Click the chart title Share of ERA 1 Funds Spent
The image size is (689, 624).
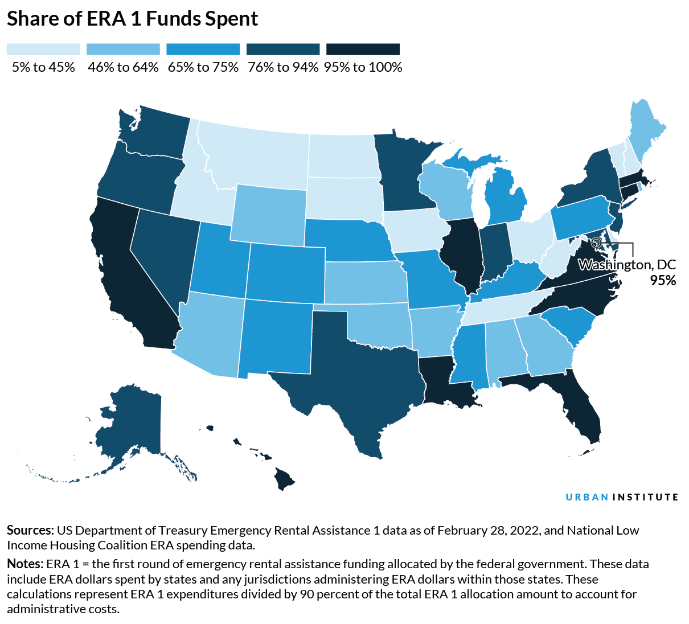point(132,19)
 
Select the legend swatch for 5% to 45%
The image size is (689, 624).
point(43,50)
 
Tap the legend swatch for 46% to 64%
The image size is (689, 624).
point(123,50)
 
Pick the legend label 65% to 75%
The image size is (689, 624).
point(203,67)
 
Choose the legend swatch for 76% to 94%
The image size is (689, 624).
point(283,50)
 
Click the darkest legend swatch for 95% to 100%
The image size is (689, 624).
point(363,50)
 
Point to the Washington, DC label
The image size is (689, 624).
point(627,265)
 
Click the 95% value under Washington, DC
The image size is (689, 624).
point(663,280)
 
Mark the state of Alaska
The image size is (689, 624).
point(131,421)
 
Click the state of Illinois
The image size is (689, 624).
point(464,251)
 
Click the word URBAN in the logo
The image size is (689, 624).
point(587,497)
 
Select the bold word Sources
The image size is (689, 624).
point(30,531)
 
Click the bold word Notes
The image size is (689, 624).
point(24,564)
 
